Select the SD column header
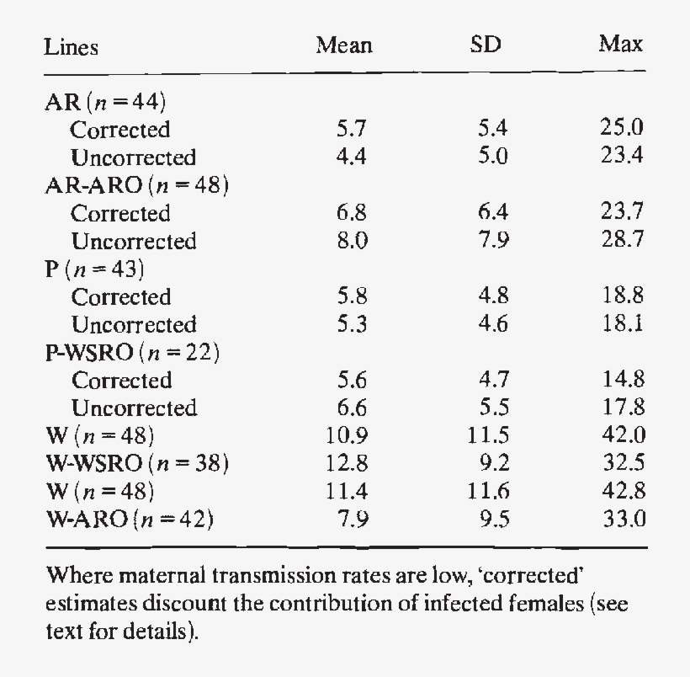coord(486,45)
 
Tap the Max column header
coord(621,45)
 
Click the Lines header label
coord(71,47)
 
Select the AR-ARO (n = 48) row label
coord(136,186)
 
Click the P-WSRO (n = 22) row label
coord(131,352)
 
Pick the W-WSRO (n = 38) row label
coord(136,463)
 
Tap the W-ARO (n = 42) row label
coord(128,519)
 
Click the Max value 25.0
coord(622,129)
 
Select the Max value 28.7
coord(622,241)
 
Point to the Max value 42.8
coord(622,491)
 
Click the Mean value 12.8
coord(345,463)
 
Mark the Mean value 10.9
coord(345,435)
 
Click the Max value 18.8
coord(622,296)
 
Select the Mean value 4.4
coord(349,157)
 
